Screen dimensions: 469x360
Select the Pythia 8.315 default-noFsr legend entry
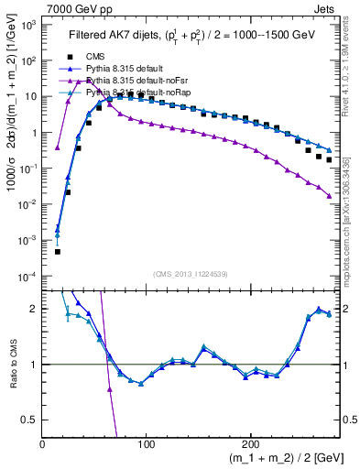tap(138, 81)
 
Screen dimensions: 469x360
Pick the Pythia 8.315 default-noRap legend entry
tap(138, 93)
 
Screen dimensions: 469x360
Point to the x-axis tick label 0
tap(42, 443)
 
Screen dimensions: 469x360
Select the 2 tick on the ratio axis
tap(33, 309)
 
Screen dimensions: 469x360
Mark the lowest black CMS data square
tap(57, 252)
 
